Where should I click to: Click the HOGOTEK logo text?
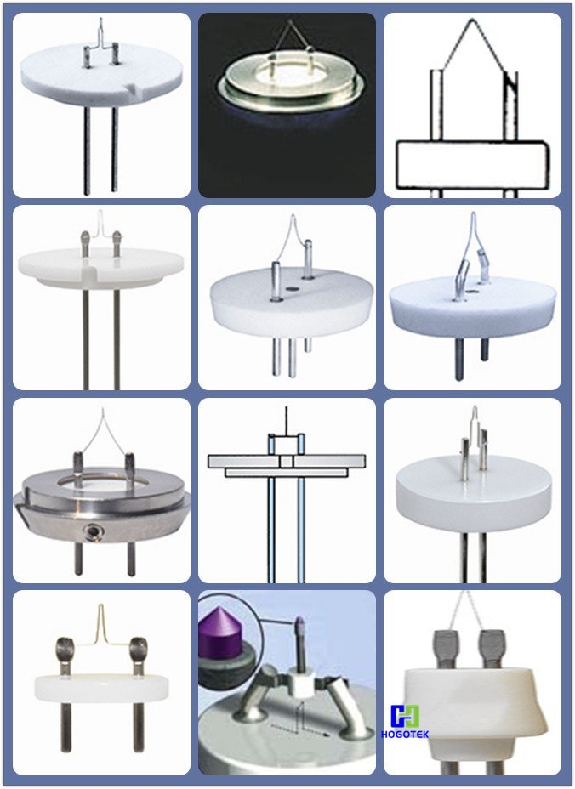click(x=405, y=735)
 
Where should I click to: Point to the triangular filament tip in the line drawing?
click(x=471, y=20)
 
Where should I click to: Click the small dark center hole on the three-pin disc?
click(x=290, y=289)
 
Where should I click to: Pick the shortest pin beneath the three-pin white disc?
click(x=307, y=344)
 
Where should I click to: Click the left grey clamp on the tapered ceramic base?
click(x=445, y=649)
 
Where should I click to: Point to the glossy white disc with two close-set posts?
click(x=473, y=494)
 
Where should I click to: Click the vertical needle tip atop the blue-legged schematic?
click(x=287, y=407)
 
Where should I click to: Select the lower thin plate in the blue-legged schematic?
click(x=287, y=473)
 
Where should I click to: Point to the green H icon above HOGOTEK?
click(x=405, y=716)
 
